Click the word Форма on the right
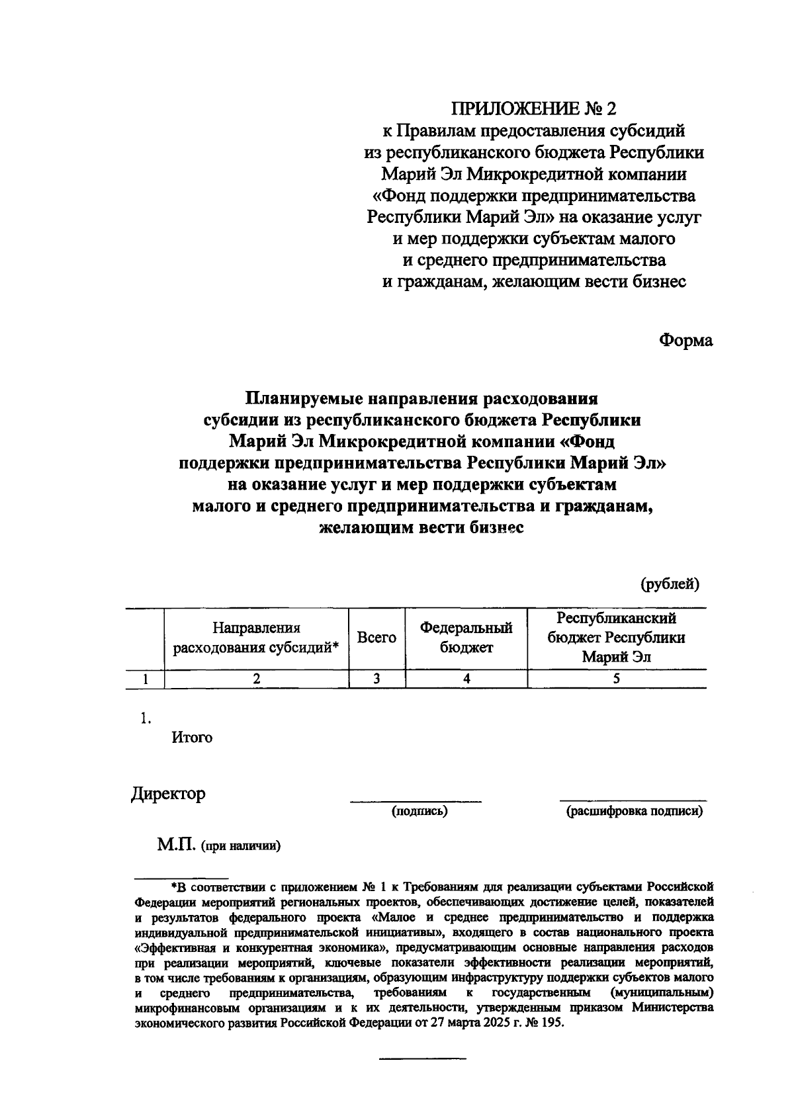point(685,341)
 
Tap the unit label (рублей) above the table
point(669,583)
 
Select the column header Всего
point(376,638)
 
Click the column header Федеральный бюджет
point(466,638)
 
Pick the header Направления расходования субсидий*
point(256,638)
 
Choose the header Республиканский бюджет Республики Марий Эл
point(616,638)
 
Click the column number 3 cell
point(376,679)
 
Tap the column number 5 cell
point(616,679)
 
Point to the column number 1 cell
point(145,679)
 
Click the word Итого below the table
point(192,738)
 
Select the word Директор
point(168,793)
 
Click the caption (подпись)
point(419,811)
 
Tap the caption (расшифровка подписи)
point(634,811)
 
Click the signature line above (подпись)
point(416,802)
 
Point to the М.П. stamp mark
point(176,845)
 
